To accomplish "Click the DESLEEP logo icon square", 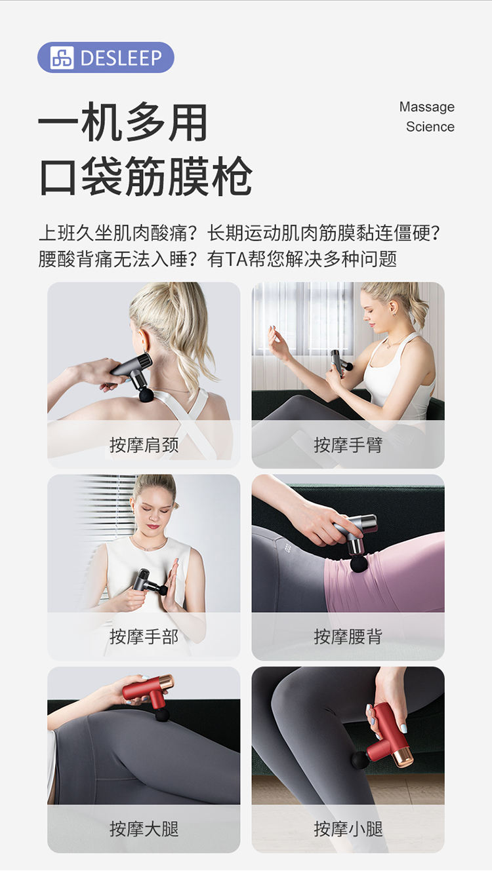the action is point(62,58).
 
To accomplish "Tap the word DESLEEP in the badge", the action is point(121,58).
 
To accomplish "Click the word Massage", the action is point(427,107).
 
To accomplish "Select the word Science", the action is point(430,126).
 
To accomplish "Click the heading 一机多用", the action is point(123,122).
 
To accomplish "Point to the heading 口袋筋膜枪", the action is point(146,176).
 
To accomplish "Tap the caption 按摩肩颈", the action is point(144,445).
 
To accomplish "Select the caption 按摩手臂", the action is point(348,445).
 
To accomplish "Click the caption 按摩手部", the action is point(144,637).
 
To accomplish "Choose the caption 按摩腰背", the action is point(348,637).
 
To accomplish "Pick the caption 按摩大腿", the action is point(144,829).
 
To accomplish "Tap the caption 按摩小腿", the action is point(348,829).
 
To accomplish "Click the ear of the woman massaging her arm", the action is point(392,308).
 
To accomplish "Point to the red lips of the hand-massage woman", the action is point(153,528).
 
